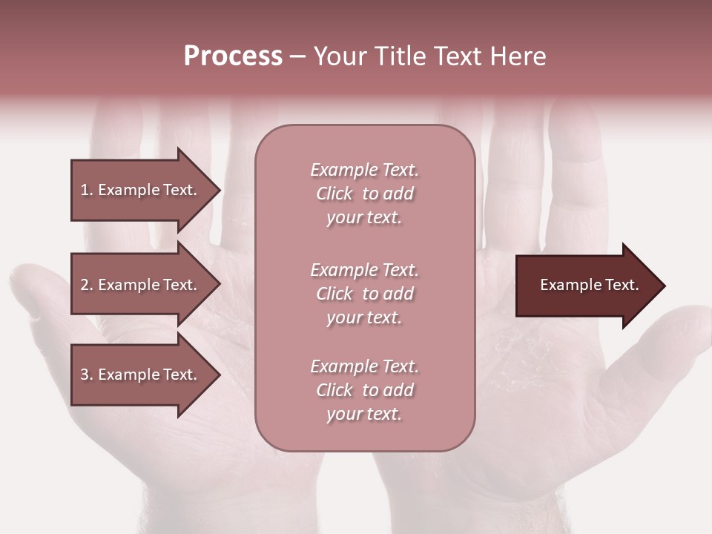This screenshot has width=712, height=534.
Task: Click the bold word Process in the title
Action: click(233, 56)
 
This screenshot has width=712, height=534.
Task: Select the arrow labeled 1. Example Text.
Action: click(141, 190)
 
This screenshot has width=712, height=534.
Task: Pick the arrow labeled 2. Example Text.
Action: click(141, 285)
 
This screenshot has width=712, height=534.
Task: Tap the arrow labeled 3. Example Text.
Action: click(141, 375)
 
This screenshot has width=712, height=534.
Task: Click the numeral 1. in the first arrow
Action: click(87, 190)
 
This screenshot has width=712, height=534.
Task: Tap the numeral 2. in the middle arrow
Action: click(87, 285)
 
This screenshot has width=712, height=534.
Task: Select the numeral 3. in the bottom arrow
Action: click(87, 375)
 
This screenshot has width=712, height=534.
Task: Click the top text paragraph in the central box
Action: click(364, 194)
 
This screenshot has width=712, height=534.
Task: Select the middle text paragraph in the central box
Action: click(364, 294)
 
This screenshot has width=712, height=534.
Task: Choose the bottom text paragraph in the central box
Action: click(364, 390)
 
